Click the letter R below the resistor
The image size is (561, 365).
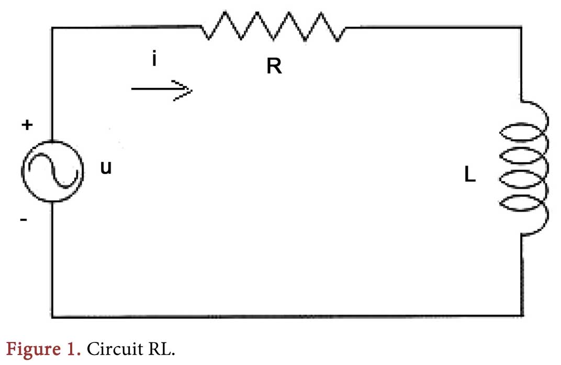point(273,67)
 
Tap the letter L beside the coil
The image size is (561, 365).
point(470,175)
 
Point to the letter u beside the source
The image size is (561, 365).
point(106,168)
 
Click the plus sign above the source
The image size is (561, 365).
point(26,125)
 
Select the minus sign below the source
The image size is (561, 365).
point(24,220)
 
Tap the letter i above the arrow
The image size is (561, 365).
point(154,59)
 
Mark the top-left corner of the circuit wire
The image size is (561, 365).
point(52,26)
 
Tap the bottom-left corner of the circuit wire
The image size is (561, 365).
point(52,316)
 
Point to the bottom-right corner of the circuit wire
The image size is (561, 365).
point(522,316)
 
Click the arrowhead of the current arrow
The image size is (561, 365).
point(184,90)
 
